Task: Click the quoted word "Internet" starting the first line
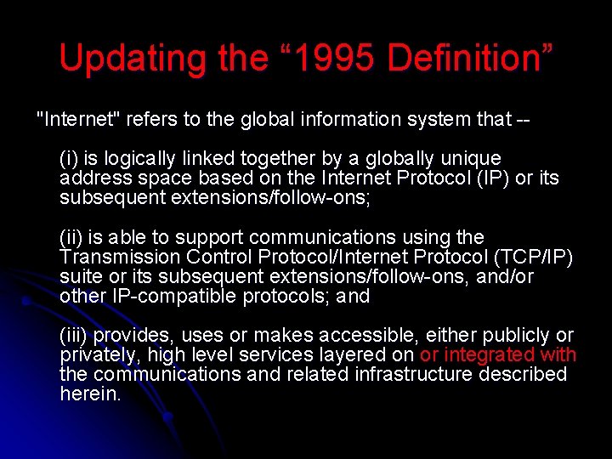[79, 119]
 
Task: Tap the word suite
[80, 276]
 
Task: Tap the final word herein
[90, 394]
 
